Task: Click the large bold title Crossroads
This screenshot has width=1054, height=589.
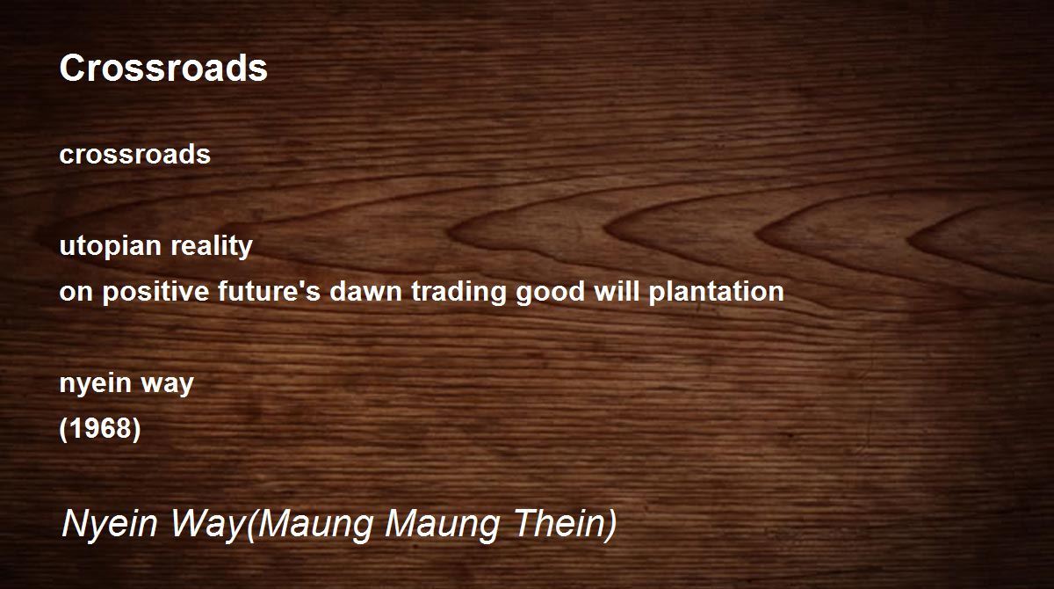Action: (x=163, y=68)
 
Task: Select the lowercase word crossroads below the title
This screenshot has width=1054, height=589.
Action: (x=135, y=154)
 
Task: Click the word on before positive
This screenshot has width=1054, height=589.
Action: (x=76, y=292)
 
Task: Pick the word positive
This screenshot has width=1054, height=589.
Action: (x=155, y=292)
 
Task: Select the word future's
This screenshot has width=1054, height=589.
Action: (x=269, y=291)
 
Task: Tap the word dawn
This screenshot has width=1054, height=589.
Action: (x=365, y=291)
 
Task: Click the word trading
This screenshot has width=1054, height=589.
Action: (x=458, y=292)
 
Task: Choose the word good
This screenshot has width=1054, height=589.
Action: (x=550, y=292)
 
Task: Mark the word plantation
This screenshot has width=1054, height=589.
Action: (x=716, y=292)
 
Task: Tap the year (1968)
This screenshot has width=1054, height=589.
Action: (x=100, y=428)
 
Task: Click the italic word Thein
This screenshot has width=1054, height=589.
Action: (x=560, y=522)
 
